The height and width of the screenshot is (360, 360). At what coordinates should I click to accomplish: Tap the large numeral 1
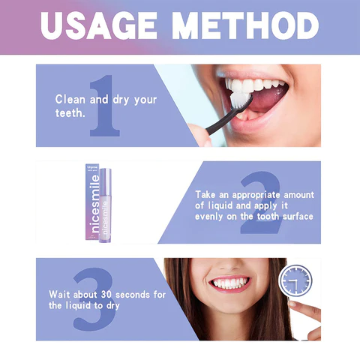tap(105, 105)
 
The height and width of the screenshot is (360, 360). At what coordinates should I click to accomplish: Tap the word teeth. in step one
tap(70, 113)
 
